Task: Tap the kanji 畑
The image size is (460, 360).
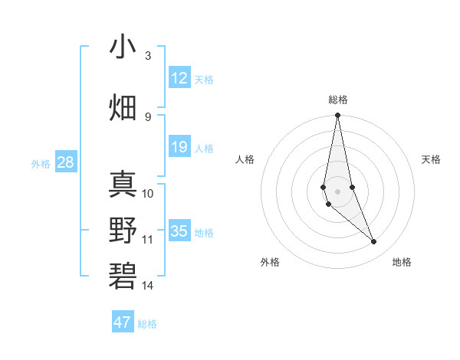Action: point(124,107)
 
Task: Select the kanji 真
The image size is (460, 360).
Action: point(124,184)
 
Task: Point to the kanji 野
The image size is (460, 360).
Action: point(124,231)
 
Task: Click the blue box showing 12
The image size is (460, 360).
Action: point(179,77)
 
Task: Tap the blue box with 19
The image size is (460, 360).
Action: point(179,147)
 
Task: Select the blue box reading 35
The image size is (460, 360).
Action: point(179,231)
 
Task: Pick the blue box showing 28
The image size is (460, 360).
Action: point(65,162)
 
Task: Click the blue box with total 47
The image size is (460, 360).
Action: point(123,322)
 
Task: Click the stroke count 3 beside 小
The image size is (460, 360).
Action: point(148,56)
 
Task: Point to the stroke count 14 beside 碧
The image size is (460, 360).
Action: point(148,286)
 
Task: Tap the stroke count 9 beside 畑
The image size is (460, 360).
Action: point(148,116)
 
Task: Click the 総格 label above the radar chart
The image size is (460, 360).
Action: point(338,100)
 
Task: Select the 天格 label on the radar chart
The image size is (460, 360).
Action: point(432,159)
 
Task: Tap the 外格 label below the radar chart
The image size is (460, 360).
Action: point(270,262)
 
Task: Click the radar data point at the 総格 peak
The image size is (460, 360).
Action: point(337,116)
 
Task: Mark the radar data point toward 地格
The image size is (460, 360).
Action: point(374,242)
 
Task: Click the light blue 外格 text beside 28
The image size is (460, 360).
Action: point(41,163)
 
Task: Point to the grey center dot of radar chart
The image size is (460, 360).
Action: point(337,191)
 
